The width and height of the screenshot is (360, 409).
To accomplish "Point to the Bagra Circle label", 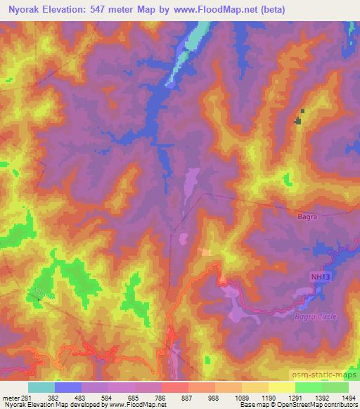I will [x=317, y=316].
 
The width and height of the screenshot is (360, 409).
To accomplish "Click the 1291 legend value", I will [x=294, y=397].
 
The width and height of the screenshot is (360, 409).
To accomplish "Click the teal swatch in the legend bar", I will [x=41, y=387].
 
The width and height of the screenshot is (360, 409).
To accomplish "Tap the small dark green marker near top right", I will [x=298, y=119].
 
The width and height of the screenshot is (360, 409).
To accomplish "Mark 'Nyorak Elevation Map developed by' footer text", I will [x=42, y=405].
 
